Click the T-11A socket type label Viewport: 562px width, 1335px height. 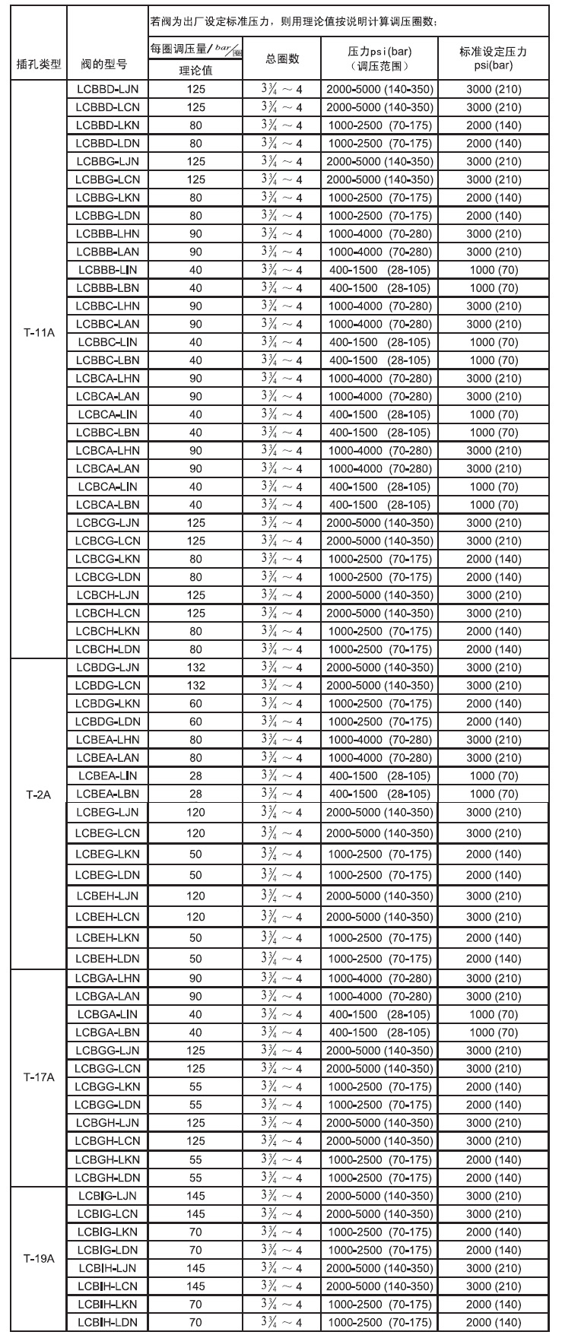[38, 332]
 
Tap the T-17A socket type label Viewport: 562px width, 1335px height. [38, 1077]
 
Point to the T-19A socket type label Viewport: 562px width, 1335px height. [38, 1258]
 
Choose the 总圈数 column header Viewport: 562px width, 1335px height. [282, 59]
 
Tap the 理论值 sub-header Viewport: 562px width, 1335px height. [195, 71]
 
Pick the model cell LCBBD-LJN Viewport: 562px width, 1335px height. [107, 89]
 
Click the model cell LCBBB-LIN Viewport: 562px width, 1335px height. [107, 270]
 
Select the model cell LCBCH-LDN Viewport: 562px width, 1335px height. [107, 649]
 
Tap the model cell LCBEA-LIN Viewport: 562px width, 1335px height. [107, 775]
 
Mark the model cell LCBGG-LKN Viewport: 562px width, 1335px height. [107, 1086]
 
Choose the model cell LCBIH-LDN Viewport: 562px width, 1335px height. [107, 1322]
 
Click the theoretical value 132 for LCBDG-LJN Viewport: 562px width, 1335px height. [195, 667]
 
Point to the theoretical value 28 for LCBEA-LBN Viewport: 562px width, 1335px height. [195, 794]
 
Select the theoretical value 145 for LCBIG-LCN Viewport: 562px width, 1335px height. [195, 1213]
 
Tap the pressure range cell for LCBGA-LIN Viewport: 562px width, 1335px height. [379, 1014]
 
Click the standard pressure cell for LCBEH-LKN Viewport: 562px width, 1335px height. [493, 937]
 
